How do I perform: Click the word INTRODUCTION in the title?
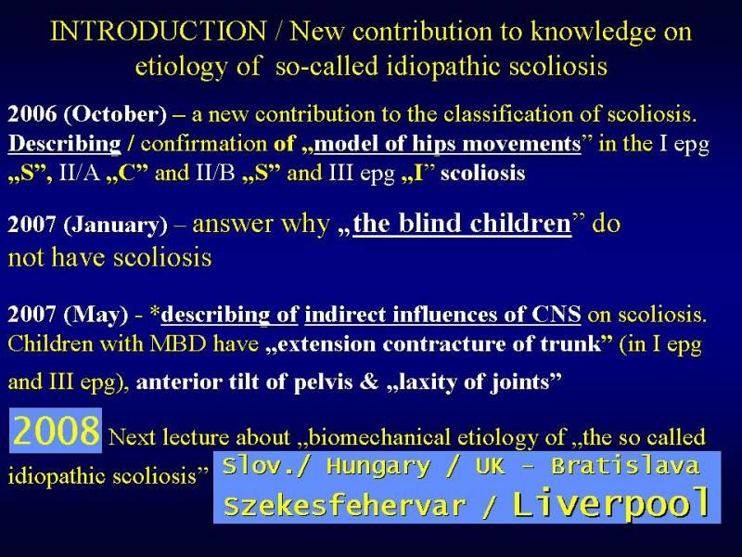(159, 32)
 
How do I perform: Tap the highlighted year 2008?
(56, 430)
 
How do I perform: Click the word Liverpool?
(612, 503)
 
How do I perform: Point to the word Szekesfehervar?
(344, 505)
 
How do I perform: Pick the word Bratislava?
(625, 466)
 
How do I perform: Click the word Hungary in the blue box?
(378, 467)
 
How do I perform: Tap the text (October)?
(115, 114)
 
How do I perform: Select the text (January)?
(115, 225)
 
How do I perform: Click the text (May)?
(96, 315)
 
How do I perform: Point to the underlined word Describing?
(64, 144)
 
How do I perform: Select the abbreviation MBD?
(178, 343)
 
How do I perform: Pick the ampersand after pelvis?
(369, 382)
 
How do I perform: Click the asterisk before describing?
(155, 312)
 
